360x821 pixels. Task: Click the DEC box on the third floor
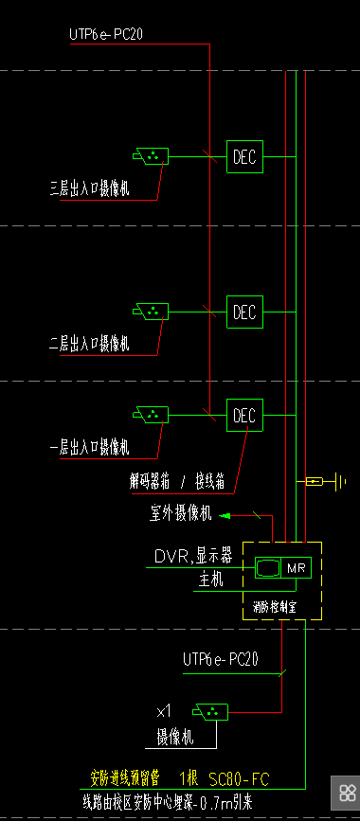(244, 157)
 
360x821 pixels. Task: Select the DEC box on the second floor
(244, 312)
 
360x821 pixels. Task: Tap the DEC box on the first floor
(244, 416)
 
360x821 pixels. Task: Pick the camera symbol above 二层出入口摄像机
(151, 311)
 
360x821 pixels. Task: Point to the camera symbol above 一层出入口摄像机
(151, 415)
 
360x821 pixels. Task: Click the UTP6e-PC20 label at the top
(106, 35)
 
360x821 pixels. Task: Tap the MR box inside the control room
(296, 568)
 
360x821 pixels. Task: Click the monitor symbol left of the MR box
(268, 568)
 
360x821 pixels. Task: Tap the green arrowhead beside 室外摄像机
(225, 515)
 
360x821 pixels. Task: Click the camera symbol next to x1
(207, 711)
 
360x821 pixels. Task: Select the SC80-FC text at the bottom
(239, 779)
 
